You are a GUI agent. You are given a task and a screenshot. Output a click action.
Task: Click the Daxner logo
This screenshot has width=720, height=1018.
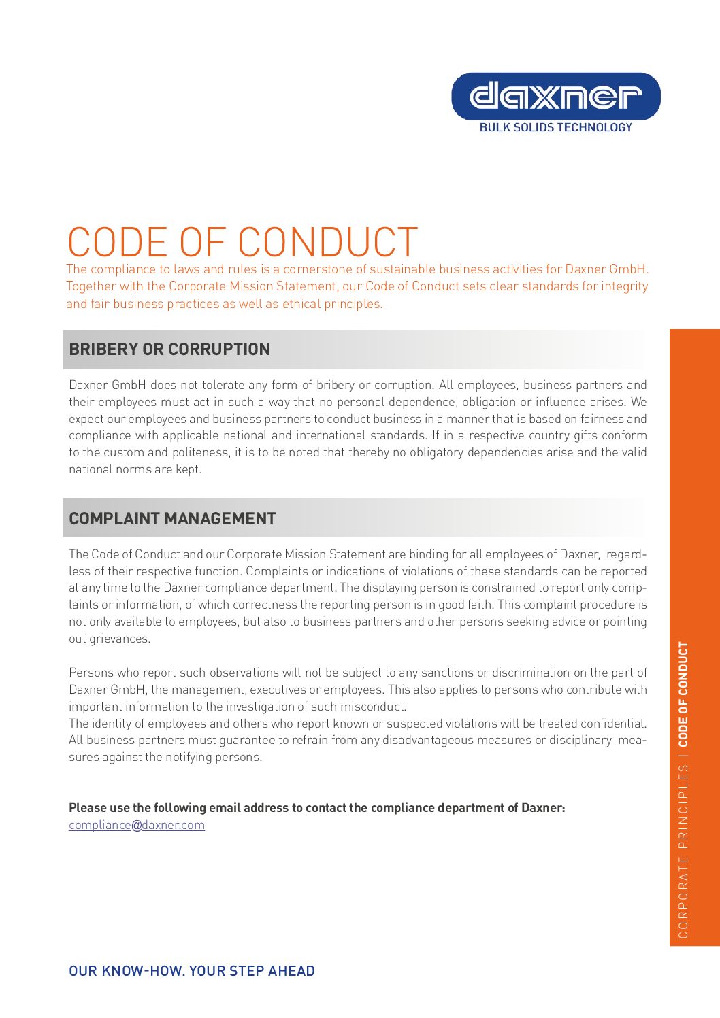(x=555, y=97)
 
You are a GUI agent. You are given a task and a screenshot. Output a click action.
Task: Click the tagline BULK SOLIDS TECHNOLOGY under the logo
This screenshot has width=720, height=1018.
(x=555, y=127)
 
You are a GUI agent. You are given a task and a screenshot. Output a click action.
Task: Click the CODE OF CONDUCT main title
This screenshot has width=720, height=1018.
(x=242, y=242)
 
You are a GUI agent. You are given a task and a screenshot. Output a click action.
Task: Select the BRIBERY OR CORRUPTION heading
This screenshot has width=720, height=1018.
(x=169, y=349)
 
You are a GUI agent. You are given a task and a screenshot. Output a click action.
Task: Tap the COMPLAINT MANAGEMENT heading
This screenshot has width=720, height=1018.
(x=172, y=518)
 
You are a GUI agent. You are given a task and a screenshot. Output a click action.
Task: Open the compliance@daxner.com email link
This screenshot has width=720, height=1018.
(x=137, y=825)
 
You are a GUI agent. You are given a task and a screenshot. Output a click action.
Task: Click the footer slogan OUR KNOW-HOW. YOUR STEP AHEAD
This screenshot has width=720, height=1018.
(x=192, y=971)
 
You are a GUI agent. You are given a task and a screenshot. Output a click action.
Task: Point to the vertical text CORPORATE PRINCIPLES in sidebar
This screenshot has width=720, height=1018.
(x=683, y=851)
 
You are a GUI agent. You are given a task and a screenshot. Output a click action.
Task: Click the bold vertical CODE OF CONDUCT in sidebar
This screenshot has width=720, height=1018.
(x=683, y=694)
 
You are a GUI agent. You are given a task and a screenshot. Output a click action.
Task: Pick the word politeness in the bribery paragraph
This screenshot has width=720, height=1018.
(x=200, y=452)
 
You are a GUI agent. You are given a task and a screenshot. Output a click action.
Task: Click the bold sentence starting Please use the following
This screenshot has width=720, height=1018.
(x=316, y=808)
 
